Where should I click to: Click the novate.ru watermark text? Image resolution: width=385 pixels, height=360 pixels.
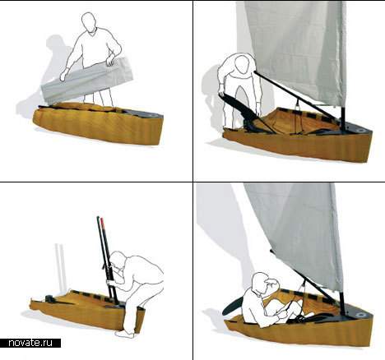coord(30,343)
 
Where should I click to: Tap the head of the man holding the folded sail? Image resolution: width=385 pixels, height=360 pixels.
coord(88,23)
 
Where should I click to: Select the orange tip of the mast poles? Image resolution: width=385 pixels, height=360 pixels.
coord(103,224)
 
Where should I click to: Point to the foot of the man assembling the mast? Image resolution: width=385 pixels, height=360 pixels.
coord(125,334)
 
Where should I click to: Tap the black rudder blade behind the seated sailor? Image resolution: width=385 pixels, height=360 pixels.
coord(232,306)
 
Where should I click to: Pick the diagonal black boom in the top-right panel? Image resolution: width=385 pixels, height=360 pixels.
coord(295,96)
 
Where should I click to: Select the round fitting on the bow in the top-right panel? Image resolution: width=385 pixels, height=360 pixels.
coord(361,131)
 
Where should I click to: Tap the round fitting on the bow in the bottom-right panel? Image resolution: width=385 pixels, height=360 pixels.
coord(362,315)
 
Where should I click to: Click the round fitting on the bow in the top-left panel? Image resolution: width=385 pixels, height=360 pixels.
coord(152,116)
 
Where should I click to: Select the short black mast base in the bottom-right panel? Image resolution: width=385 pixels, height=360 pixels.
coord(341,303)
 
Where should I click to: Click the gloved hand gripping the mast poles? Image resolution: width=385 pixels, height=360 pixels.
coord(110,282)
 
